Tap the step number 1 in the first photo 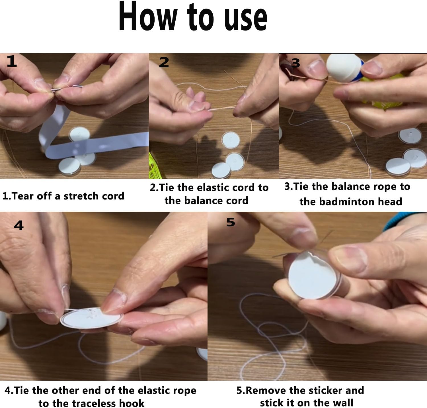tap(12, 62)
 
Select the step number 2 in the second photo tap(164, 62)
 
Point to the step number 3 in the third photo tap(296, 63)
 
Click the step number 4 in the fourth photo tap(19, 226)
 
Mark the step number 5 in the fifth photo tap(231, 222)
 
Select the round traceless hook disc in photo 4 tap(91, 318)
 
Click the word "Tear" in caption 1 tap(23, 196)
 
